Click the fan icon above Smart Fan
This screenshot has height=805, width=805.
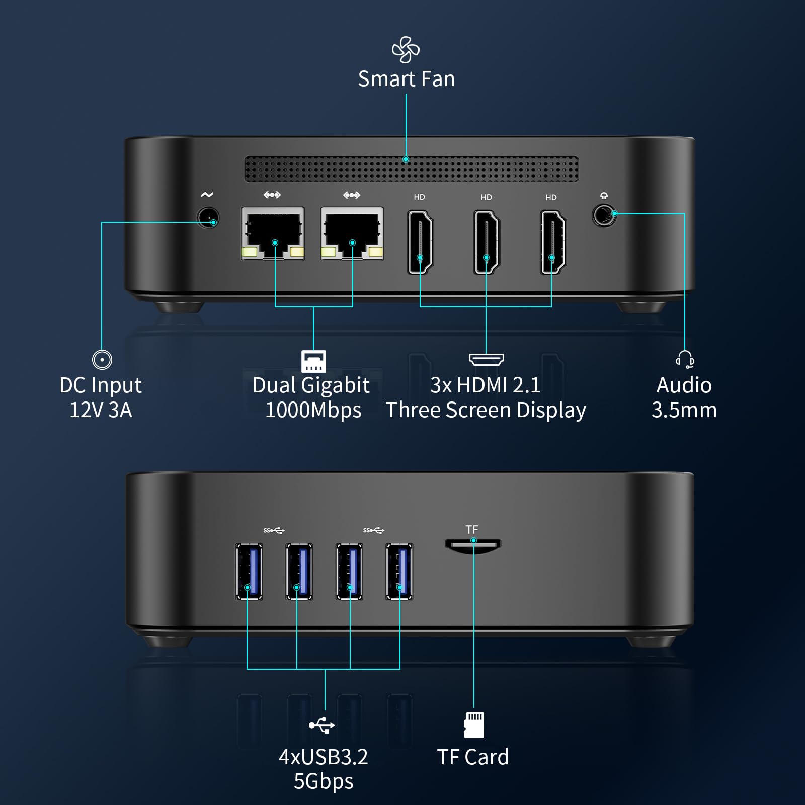(x=406, y=50)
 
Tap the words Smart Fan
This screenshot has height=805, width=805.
(x=406, y=79)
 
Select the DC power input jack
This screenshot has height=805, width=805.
(x=208, y=218)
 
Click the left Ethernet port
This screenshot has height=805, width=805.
(x=273, y=233)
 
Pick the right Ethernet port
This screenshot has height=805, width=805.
(x=352, y=233)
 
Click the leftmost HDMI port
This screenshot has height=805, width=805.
(x=420, y=243)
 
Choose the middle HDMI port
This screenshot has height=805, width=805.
(x=487, y=243)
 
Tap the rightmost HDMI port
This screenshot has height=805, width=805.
(x=552, y=243)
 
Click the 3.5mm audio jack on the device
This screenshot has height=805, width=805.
(x=604, y=215)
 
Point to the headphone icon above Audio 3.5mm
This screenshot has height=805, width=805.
(x=685, y=360)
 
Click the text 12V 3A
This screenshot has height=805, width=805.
(x=101, y=410)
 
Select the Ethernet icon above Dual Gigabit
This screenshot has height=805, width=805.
(x=313, y=361)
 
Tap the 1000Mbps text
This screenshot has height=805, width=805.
(x=313, y=410)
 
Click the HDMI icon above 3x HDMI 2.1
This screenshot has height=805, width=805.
(x=486, y=359)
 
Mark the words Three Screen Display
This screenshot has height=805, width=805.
(x=486, y=410)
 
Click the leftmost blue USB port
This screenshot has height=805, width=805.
(x=249, y=571)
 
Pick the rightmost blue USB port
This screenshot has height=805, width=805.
(x=399, y=571)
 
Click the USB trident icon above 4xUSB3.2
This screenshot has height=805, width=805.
(x=322, y=725)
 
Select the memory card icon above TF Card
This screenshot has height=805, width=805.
(x=473, y=725)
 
